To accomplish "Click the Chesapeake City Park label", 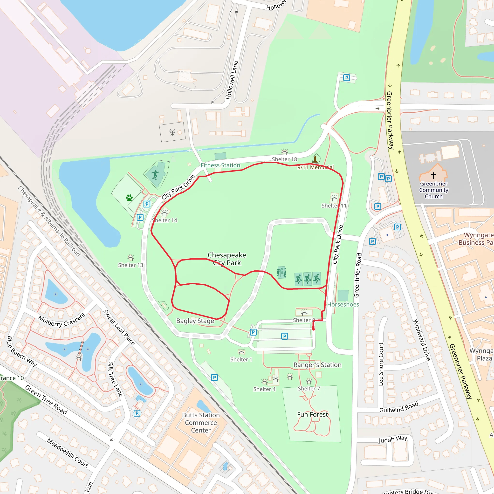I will click(x=227, y=259).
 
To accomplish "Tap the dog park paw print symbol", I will click(x=129, y=198).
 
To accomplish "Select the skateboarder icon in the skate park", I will click(x=155, y=175).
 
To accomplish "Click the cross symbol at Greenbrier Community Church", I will click(x=434, y=175).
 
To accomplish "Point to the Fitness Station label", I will click(x=220, y=165).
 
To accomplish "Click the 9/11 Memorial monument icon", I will click(x=316, y=159).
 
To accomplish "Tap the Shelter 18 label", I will click(x=284, y=159).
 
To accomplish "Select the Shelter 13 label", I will click(x=130, y=265).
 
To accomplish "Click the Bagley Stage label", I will click(x=195, y=321).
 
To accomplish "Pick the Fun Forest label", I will click(x=312, y=414).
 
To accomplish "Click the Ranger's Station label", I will click(x=317, y=365).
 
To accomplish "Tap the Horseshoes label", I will click(x=343, y=305).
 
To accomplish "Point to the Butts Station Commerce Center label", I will click(x=201, y=423).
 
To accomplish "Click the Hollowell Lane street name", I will click(x=232, y=80).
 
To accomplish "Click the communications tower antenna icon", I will click(x=172, y=132).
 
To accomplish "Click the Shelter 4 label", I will click(x=264, y=389).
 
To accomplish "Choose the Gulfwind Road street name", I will click(x=399, y=407).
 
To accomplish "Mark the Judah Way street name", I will click(x=393, y=439).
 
